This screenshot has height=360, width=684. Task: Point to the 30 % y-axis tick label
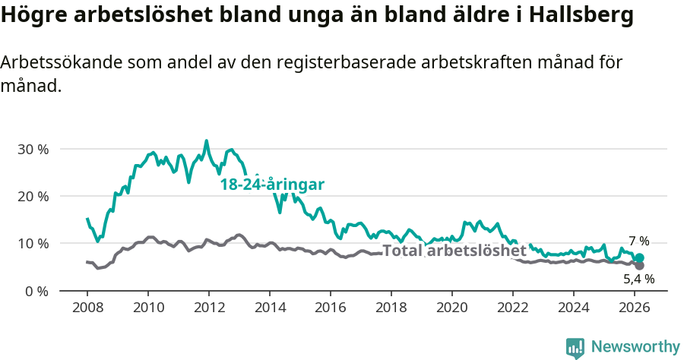point(33,149)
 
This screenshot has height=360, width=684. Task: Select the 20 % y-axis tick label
point(33,196)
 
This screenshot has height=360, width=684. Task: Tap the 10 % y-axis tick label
point(33,244)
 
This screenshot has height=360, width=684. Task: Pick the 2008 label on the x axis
point(87,308)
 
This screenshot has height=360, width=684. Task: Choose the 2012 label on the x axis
point(209,308)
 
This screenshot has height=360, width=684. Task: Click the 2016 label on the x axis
point(331,308)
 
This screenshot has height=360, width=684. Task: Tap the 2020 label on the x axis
point(452,308)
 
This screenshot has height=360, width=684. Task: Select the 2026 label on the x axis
point(635,308)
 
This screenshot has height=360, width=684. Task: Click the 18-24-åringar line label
point(272,185)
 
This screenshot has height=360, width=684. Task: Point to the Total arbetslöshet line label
point(454,251)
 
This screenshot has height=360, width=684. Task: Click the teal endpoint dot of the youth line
point(639,258)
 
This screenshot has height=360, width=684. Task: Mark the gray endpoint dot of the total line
point(639,266)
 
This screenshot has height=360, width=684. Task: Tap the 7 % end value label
point(638,242)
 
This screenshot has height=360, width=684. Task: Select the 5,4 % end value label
point(638,279)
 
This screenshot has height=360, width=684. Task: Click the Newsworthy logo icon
point(575,347)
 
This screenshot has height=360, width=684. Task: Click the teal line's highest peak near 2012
point(206,141)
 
